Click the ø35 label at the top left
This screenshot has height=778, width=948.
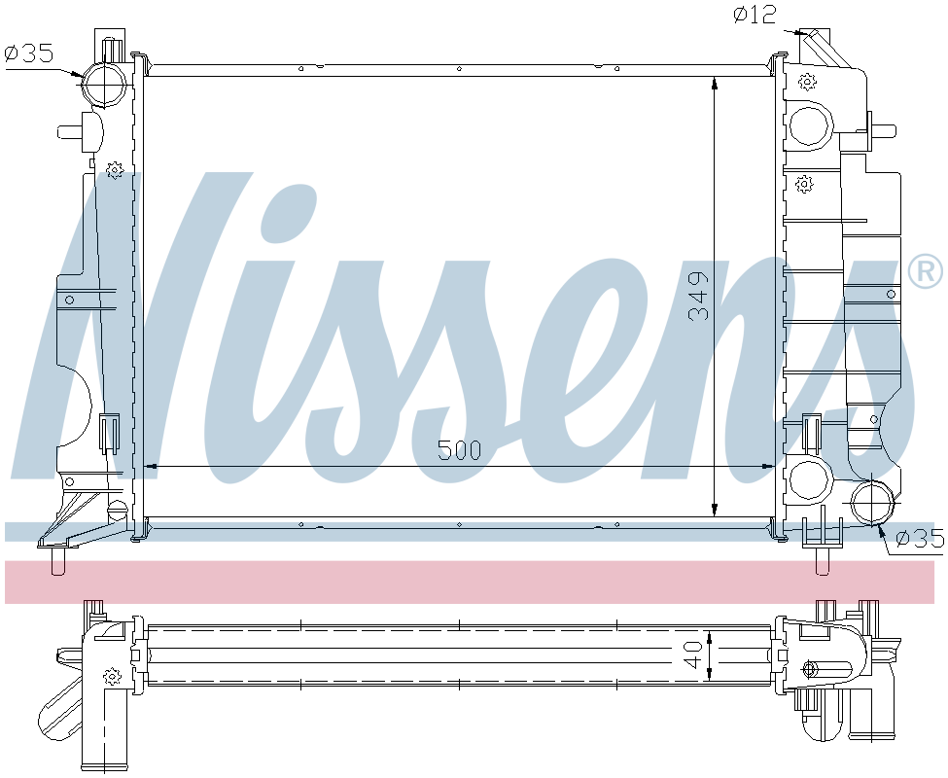(x=28, y=53)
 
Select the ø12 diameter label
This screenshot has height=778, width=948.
(x=755, y=15)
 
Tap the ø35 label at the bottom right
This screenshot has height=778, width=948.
(x=919, y=538)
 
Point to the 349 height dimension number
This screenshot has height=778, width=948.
(x=698, y=296)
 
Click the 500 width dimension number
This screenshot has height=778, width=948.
(x=460, y=449)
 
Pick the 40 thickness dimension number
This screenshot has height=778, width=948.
(x=694, y=654)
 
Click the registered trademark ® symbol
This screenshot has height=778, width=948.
(x=926, y=271)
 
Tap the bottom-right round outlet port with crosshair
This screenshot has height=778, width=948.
(x=872, y=502)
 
